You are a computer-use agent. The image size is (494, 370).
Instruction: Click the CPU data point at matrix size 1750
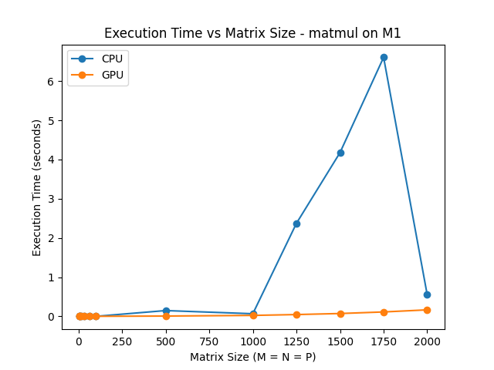pyautogui.click(x=384, y=57)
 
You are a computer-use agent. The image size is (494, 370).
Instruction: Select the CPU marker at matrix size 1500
pyautogui.click(x=340, y=153)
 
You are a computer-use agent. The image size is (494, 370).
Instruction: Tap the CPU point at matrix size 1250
pyautogui.click(x=296, y=224)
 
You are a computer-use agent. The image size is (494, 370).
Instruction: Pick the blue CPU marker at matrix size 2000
pyautogui.click(x=427, y=294)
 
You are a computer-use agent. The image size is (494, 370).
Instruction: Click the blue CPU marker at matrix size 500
pyautogui.click(x=166, y=311)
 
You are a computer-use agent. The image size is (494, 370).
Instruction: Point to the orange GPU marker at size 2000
pyautogui.click(x=427, y=310)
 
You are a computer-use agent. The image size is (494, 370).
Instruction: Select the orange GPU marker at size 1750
pyautogui.click(x=384, y=312)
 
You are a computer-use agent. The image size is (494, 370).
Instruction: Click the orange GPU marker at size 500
pyautogui.click(x=166, y=316)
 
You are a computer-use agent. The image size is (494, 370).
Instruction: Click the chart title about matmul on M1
pyautogui.click(x=252, y=33)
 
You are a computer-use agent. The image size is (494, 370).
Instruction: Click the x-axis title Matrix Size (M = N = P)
pyautogui.click(x=252, y=357)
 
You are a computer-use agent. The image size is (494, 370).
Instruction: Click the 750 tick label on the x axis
pyautogui.click(x=209, y=341)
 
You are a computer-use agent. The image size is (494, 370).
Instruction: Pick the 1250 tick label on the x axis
pyautogui.click(x=296, y=341)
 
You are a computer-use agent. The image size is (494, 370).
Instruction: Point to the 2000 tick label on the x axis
pyautogui.click(x=427, y=341)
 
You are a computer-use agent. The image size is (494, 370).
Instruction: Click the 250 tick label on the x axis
pyautogui.click(x=122, y=341)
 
